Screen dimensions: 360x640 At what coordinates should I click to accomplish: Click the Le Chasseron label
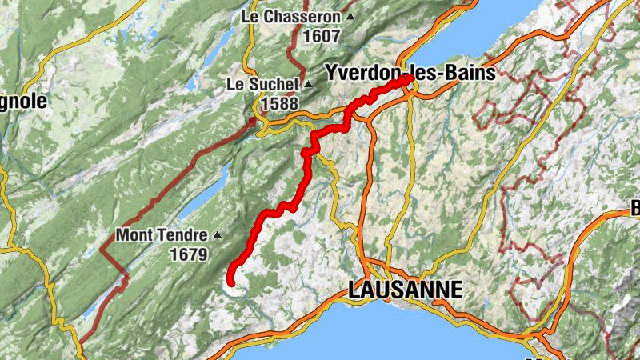coord(293,16)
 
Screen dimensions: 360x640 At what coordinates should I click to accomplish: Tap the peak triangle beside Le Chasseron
coord(350,16)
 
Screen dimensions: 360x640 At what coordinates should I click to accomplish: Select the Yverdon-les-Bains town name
coord(410,72)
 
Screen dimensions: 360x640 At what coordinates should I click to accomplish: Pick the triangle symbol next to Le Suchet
coord(308,84)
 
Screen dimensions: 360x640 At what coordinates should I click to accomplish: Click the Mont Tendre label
coord(162,236)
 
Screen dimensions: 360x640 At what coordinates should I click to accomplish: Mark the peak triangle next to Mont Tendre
coord(216,236)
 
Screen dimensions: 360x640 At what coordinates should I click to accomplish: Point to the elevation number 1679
coord(188,256)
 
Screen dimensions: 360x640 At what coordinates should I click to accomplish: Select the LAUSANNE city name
coord(406,290)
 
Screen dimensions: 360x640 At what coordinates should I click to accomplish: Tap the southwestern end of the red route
coord(230,282)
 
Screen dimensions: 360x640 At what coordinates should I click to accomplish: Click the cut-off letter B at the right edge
coord(635,210)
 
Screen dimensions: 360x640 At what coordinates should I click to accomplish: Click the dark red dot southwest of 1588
coord(252,122)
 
